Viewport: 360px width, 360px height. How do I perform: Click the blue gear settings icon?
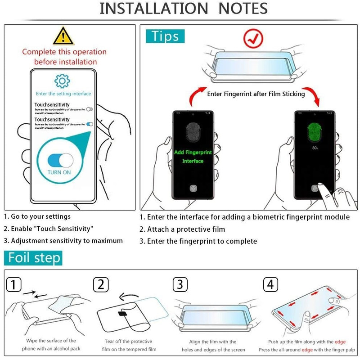click(x=63, y=81)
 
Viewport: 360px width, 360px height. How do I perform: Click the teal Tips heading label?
click(x=165, y=36)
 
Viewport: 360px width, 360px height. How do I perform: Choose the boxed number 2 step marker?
click(x=101, y=284)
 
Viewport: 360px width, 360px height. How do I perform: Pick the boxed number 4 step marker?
click(x=270, y=284)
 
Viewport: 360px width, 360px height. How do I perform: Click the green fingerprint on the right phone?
click(x=315, y=133)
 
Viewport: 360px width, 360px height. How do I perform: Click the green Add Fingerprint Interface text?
click(x=193, y=157)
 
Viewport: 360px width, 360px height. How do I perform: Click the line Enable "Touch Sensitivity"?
click(x=49, y=229)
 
